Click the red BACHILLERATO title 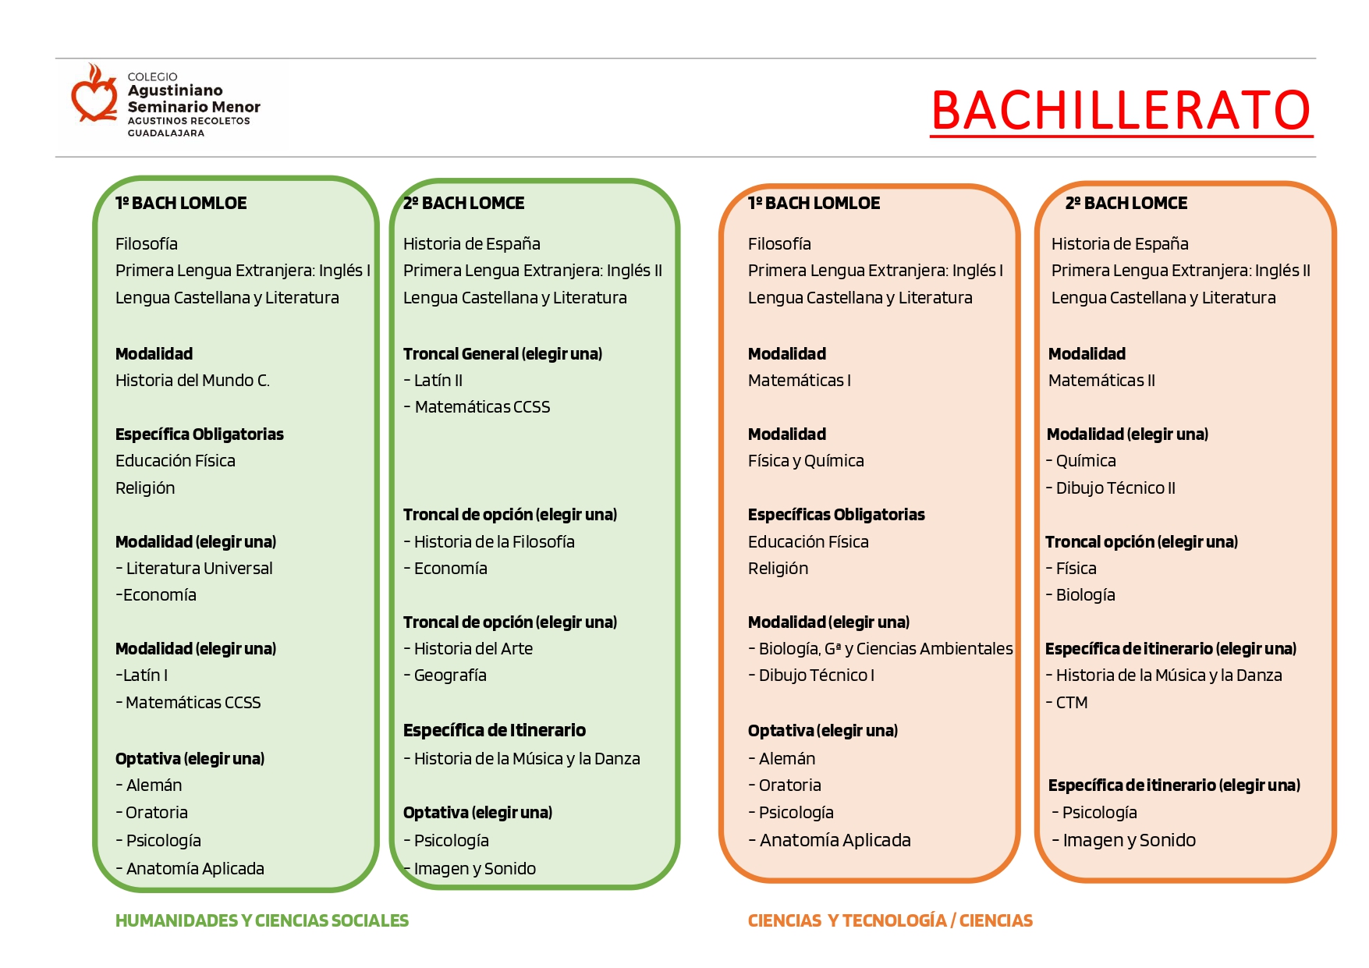point(1121,111)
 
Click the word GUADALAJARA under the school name point(165,133)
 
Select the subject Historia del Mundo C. point(192,381)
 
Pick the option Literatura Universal point(199,569)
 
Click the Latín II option point(438,381)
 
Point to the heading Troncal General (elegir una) point(502,354)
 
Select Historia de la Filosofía point(494,542)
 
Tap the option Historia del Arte point(473,649)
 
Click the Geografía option point(450,675)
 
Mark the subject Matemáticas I point(799,381)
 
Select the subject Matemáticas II point(1101,381)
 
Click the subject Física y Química point(806,461)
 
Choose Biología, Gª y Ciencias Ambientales point(885,649)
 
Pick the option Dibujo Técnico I point(816,675)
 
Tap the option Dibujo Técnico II point(1115,488)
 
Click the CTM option point(1071,703)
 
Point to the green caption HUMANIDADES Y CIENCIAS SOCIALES point(261,921)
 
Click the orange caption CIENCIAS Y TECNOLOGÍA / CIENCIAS point(890,921)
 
